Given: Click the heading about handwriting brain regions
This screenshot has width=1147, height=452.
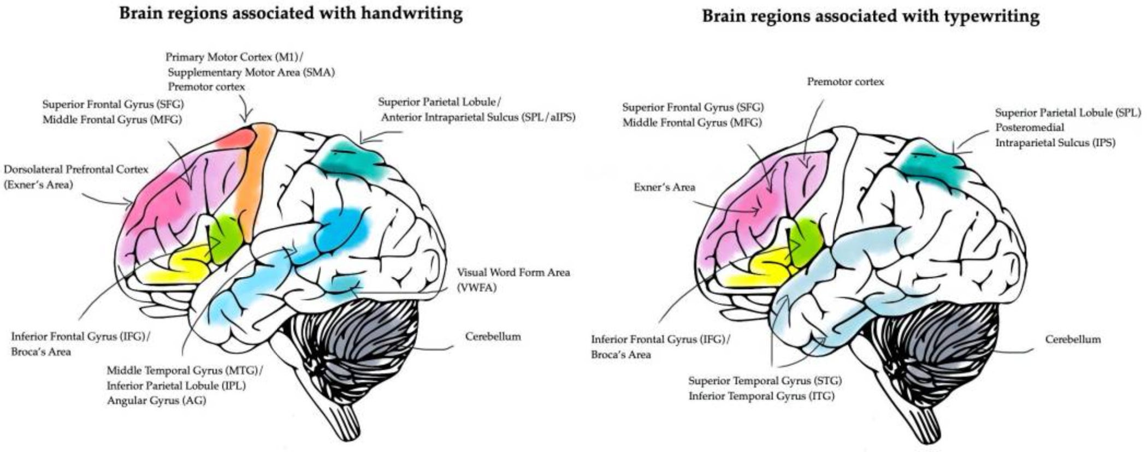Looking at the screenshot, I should pyautogui.click(x=291, y=13).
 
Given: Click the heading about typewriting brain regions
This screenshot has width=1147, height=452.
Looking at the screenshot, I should pyautogui.click(x=870, y=16).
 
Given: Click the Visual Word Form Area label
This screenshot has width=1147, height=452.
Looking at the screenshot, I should pyautogui.click(x=513, y=272).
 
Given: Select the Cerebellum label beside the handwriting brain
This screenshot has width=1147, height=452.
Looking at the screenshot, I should pyautogui.click(x=493, y=336).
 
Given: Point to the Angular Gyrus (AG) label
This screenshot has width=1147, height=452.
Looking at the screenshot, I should pyautogui.click(x=156, y=401).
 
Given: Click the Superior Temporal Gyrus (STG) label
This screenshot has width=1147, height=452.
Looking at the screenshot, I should pyautogui.click(x=765, y=380).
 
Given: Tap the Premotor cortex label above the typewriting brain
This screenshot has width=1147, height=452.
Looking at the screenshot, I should pyautogui.click(x=845, y=82).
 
